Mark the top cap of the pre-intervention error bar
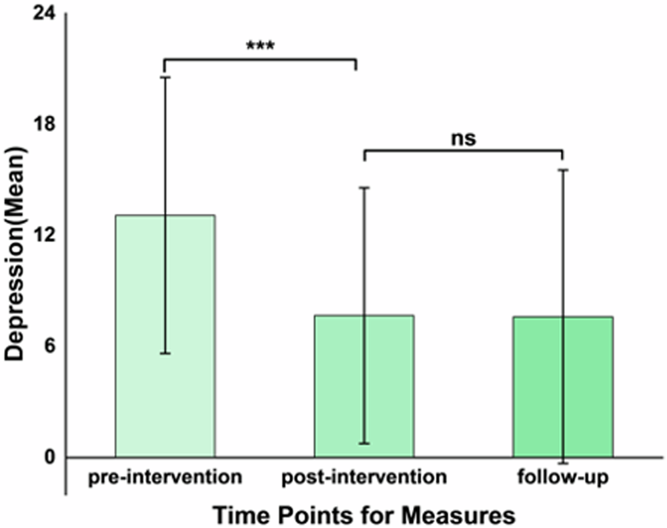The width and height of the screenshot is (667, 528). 165,77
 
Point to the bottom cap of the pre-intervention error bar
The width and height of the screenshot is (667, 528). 165,353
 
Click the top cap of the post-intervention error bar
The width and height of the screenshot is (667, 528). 364,188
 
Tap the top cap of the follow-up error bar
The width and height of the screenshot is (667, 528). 563,170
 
